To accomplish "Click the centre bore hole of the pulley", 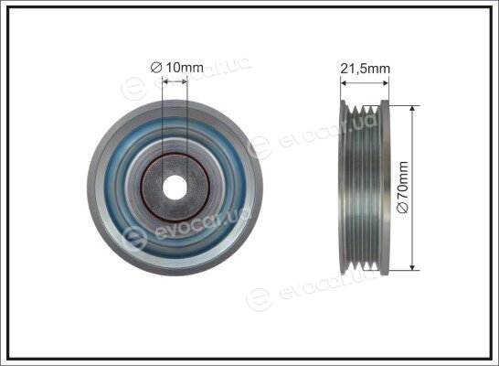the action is (x=175, y=188).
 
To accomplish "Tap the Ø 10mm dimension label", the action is (x=176, y=68).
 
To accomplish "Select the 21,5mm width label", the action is (x=365, y=69).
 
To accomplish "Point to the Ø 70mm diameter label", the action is (x=402, y=187).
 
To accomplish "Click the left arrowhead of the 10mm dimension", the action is (x=165, y=81).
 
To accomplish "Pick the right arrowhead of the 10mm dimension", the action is (x=185, y=81).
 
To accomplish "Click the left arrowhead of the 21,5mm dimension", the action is (x=344, y=83).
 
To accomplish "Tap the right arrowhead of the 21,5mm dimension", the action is (x=386, y=83).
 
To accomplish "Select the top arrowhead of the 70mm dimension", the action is (x=412, y=109).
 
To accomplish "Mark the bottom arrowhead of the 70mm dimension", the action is (x=412, y=266).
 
